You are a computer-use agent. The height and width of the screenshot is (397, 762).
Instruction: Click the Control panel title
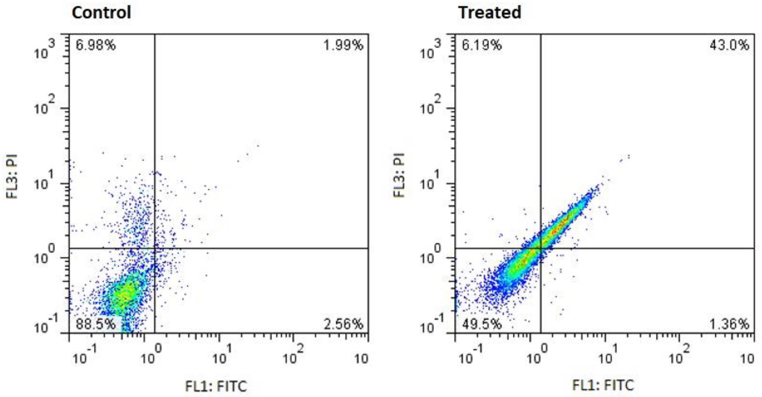(101, 13)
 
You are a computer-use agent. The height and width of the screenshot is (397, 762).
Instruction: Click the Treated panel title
(489, 13)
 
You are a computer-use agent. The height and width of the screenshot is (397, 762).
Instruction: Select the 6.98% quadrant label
(95, 45)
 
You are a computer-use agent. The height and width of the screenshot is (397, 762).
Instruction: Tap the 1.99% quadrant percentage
(343, 45)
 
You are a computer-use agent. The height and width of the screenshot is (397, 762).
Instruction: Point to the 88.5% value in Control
(95, 324)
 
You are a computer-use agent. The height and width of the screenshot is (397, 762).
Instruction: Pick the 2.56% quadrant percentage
(343, 324)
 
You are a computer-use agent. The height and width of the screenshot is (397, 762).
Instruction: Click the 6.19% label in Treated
(482, 45)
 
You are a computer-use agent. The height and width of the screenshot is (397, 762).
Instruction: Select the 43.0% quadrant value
(729, 45)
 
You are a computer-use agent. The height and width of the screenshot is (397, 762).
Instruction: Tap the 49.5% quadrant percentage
(482, 324)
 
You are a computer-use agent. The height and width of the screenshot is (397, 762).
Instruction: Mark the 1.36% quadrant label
(729, 324)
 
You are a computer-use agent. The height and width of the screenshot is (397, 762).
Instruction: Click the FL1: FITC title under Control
(216, 386)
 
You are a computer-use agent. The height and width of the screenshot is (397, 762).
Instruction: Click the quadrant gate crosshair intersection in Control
(154, 248)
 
